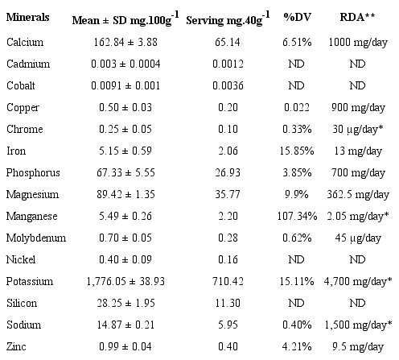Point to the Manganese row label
pyautogui.click(x=30, y=216)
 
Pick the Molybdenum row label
pyautogui.click(x=33, y=238)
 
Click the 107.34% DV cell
pyautogui.click(x=297, y=216)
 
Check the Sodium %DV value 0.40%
pyautogui.click(x=297, y=325)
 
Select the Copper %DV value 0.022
pyautogui.click(x=297, y=107)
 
